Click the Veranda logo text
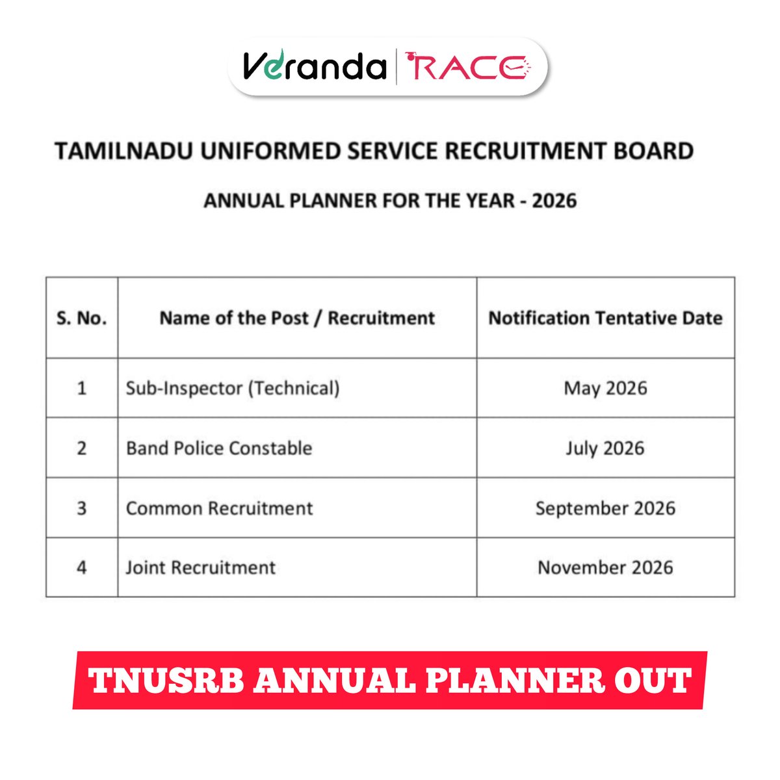(x=315, y=67)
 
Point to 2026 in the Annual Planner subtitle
(x=554, y=200)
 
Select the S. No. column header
(x=82, y=318)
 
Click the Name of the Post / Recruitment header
(x=297, y=318)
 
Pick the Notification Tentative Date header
(x=605, y=318)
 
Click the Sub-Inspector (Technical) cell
(x=233, y=389)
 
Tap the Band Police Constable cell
(x=219, y=448)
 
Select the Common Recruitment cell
(x=219, y=508)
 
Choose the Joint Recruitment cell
(x=201, y=568)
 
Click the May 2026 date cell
(x=605, y=389)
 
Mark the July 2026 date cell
(x=605, y=448)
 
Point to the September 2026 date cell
(x=605, y=508)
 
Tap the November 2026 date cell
(x=605, y=568)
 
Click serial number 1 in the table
(x=82, y=389)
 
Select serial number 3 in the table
(x=82, y=508)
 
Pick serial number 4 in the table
(x=82, y=568)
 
